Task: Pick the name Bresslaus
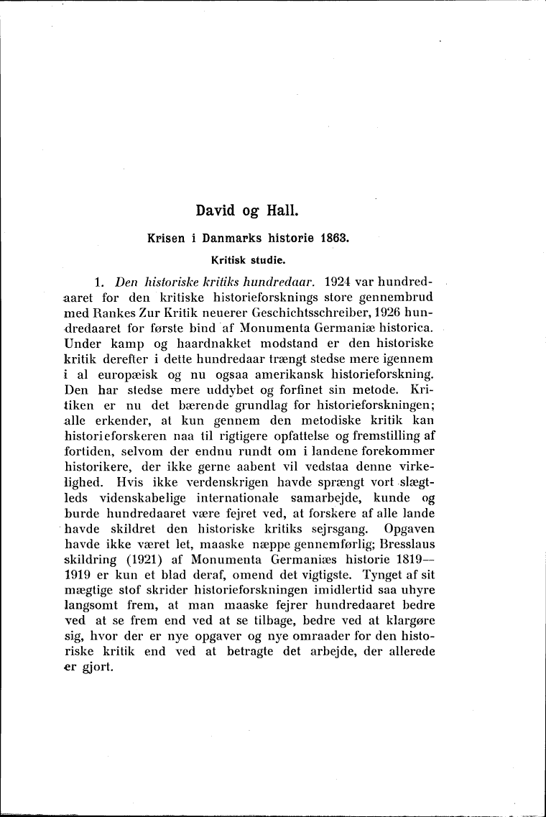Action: pos(407,549)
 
